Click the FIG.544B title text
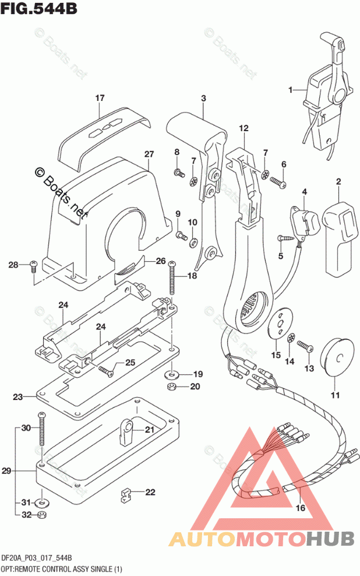tap(39, 9)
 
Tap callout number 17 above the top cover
tap(100, 98)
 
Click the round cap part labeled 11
tap(337, 356)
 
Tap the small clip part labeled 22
tap(126, 496)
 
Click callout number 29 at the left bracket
tap(6, 470)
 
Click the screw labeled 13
tap(305, 346)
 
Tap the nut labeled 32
tap(41, 515)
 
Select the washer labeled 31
tap(42, 503)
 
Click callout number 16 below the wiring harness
tap(300, 508)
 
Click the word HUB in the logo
tap(330, 539)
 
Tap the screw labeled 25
tap(105, 370)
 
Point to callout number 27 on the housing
tap(149, 154)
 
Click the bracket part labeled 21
tap(125, 430)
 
